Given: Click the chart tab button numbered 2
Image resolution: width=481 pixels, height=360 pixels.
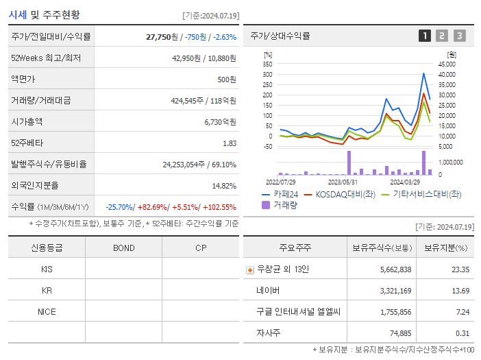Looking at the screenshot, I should tap(442, 36).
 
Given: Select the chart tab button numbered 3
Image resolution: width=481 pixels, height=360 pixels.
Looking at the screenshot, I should tap(459, 36).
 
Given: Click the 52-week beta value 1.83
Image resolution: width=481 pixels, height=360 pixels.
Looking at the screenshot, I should tap(230, 143).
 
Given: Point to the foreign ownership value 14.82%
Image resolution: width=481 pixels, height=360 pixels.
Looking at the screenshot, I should tap(223, 185).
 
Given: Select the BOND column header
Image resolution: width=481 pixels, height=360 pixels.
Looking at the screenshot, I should tap(123, 248).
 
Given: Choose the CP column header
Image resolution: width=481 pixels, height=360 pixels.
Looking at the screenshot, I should tap(201, 248).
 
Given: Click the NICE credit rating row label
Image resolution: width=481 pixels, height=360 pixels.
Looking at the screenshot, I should tap(47, 311).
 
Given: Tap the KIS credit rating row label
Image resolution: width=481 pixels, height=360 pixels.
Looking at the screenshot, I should tap(47, 269).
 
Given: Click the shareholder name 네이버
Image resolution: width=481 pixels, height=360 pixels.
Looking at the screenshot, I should tap(269, 291).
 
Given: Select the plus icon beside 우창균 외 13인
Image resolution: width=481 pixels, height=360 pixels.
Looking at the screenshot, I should tap(249, 270).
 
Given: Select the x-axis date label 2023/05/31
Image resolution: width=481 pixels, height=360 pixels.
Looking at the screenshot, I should tap(343, 182).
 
